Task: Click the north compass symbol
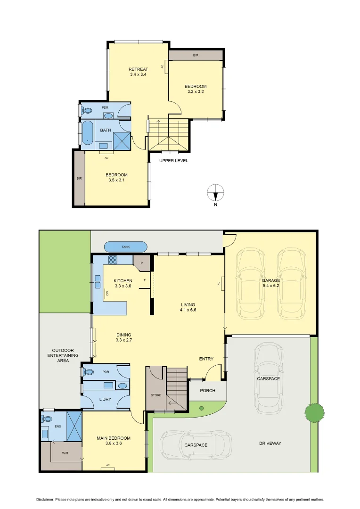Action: pos(215,193)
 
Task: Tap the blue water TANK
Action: pos(126,246)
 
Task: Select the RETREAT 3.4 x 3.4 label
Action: pos(139,72)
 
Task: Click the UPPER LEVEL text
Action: pos(173,161)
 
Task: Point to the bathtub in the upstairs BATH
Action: pos(88,133)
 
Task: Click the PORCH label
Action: pos(207,390)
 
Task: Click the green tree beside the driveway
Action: pos(313,412)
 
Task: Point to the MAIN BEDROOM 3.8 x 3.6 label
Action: pos(114,441)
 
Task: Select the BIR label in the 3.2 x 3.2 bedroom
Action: pos(196,56)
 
